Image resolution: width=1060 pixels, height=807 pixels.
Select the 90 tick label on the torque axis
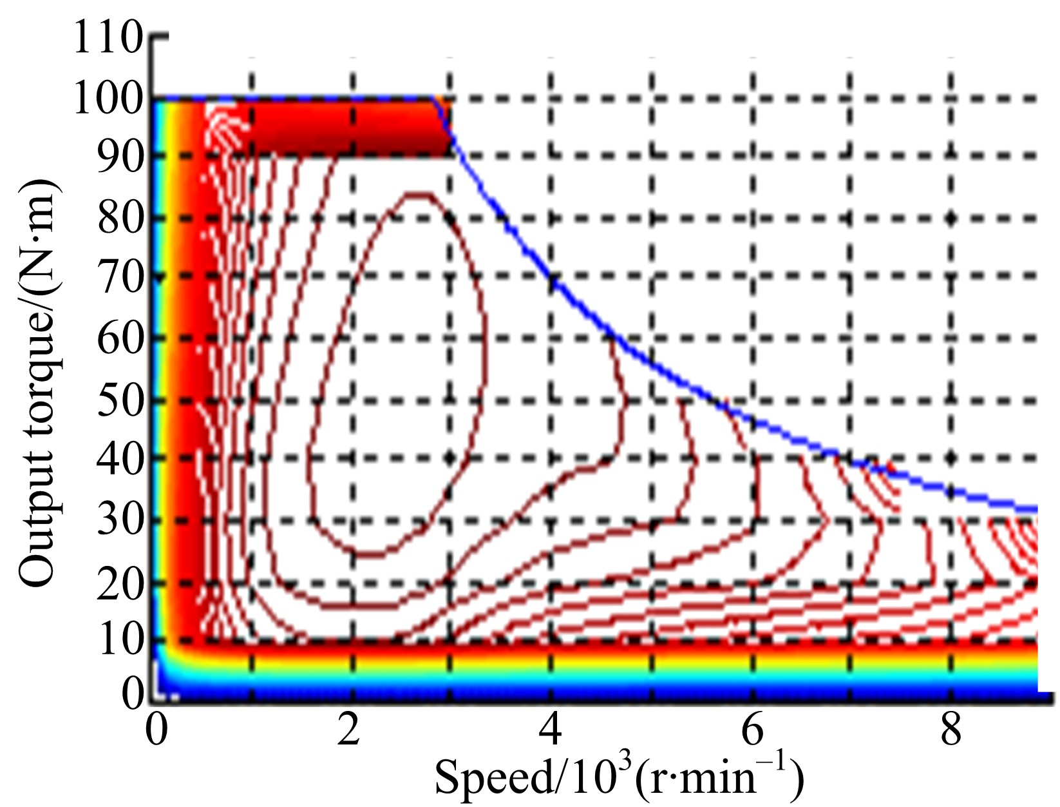click(119, 157)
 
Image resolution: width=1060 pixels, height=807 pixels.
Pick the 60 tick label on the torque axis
click(119, 339)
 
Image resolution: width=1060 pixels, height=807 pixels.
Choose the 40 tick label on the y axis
click(119, 459)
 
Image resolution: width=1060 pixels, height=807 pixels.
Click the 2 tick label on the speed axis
click(349, 730)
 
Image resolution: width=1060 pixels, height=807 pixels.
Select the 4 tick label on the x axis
click(551, 730)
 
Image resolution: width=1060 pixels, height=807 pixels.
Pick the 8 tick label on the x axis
click(951, 730)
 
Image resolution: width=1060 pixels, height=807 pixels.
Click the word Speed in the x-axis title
click(493, 777)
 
